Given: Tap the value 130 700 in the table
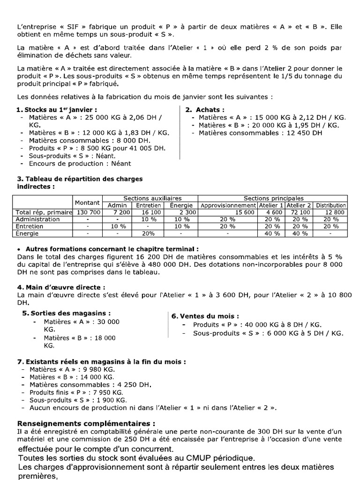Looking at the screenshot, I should pos(87,212).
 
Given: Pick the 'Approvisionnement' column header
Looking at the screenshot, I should pos(228,205).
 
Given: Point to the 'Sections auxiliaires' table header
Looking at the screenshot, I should pos(149,199).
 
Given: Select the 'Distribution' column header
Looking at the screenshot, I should pos(330,205).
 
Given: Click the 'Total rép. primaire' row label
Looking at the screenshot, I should pos(43,212).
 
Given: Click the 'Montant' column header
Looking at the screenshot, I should pos(87,202).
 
